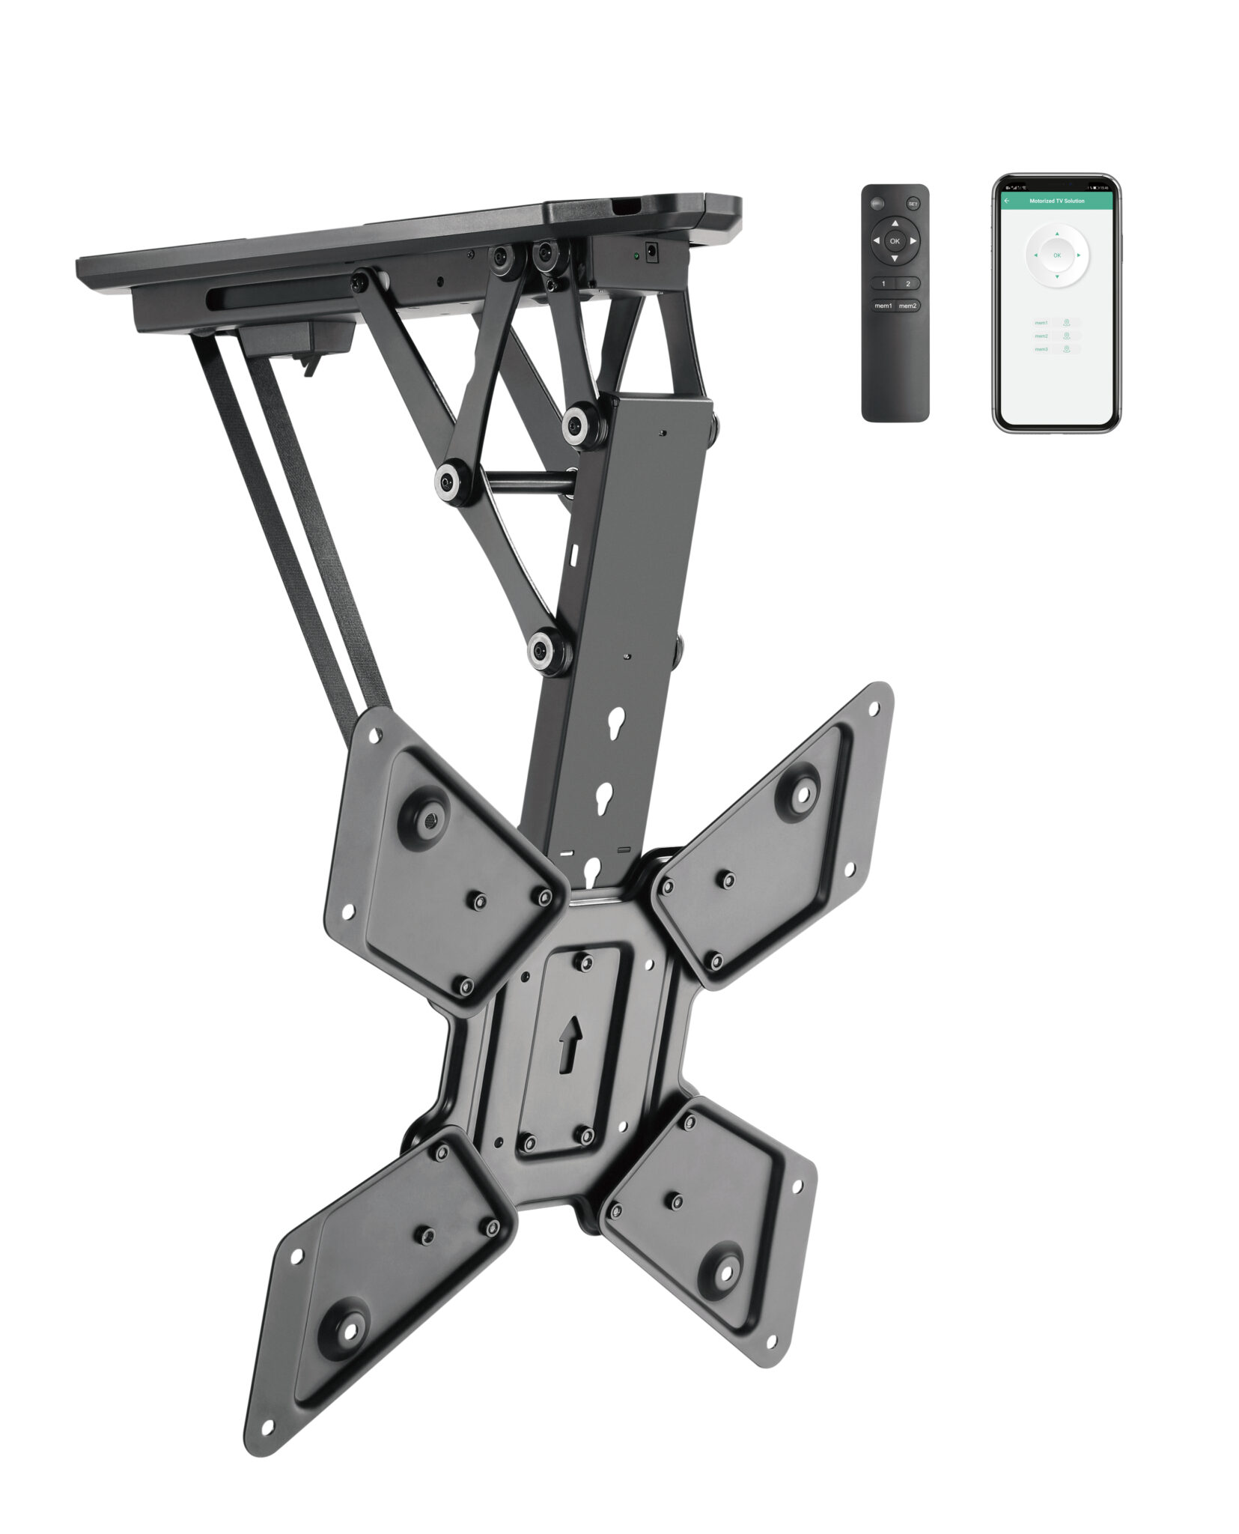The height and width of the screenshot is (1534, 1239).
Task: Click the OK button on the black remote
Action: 895,241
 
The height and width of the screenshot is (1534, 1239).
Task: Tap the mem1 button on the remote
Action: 883,306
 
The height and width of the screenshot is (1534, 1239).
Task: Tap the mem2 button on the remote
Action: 908,306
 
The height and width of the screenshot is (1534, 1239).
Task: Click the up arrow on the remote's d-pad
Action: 895,223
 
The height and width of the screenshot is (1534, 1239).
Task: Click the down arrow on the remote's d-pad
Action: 895,259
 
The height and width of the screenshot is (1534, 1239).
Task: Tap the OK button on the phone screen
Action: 1056,255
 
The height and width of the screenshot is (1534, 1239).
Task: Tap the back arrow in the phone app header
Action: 1007,201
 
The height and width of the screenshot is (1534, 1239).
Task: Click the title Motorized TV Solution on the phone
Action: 1056,201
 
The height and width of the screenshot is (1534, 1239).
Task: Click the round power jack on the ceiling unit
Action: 651,253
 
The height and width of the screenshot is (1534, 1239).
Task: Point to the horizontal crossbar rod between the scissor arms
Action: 517,480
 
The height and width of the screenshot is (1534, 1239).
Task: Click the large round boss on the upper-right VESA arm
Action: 800,791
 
